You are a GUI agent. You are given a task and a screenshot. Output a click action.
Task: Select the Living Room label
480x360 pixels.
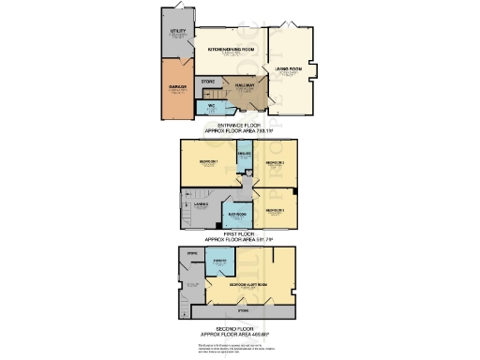[289, 68]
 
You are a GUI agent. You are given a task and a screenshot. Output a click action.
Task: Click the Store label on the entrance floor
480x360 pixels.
[207, 82]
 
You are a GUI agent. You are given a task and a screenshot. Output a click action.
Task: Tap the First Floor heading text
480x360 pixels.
[239, 232]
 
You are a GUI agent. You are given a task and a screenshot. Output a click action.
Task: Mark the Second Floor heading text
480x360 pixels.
[239, 328]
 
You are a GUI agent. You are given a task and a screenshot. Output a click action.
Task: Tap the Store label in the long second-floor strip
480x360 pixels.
[243, 310]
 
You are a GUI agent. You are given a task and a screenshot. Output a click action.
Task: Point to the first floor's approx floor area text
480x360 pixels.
[239, 238]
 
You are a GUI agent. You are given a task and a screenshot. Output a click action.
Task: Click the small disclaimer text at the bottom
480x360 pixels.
[239, 347]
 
